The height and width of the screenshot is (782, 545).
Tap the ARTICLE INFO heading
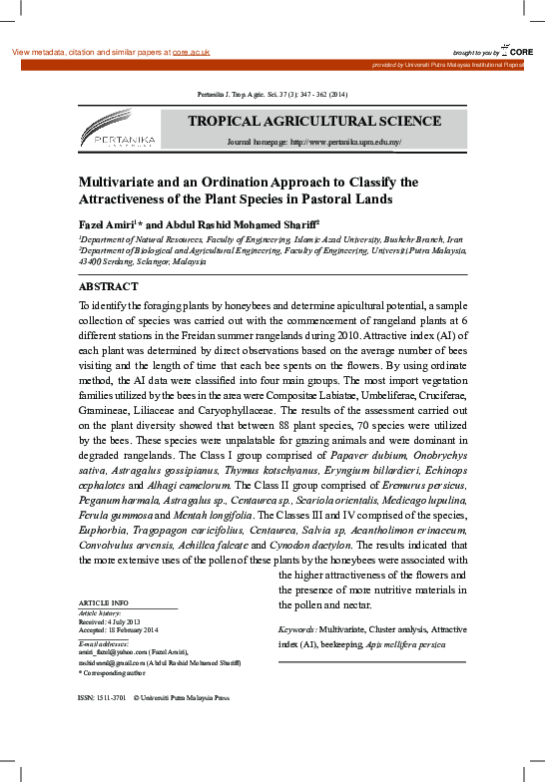pyautogui.click(x=103, y=603)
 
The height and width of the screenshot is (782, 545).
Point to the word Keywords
pyautogui.click(x=296, y=630)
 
